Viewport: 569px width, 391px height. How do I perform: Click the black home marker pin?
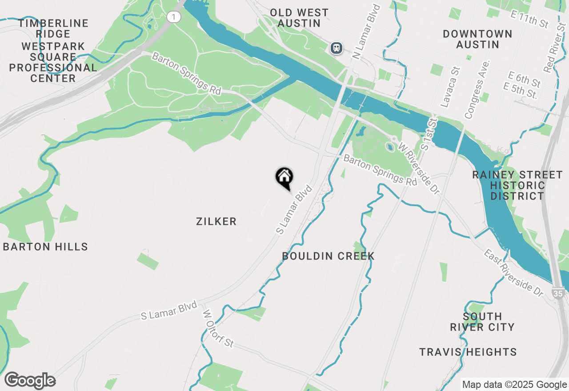(x=284, y=178)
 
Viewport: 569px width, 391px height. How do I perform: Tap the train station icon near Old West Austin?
(x=337, y=48)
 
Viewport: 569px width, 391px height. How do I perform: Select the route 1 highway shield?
(x=174, y=17)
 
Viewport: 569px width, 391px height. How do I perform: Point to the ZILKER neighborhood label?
(x=216, y=221)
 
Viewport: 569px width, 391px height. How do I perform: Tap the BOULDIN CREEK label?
(x=328, y=256)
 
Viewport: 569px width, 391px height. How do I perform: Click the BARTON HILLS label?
(x=45, y=247)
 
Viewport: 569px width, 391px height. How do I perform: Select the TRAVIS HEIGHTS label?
(x=468, y=352)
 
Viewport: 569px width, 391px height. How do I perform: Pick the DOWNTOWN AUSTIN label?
(x=477, y=39)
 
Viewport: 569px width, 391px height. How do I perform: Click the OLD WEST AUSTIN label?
(x=299, y=18)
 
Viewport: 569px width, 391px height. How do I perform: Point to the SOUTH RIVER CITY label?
(x=482, y=322)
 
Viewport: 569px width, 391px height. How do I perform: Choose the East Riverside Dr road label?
(x=513, y=273)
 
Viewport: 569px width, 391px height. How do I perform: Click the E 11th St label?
(x=529, y=20)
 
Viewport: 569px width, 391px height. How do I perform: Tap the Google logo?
(x=30, y=380)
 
